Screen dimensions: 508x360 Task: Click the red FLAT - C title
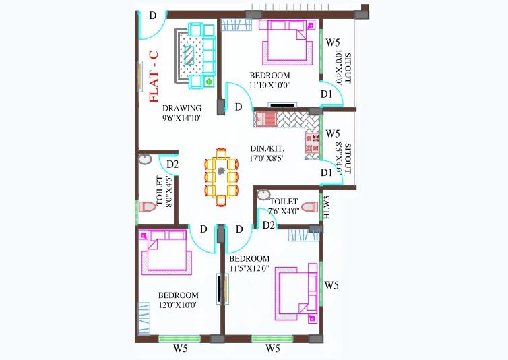[x=154, y=77]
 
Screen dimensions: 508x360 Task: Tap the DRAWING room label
[x=182, y=108]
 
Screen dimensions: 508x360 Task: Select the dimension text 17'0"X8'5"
[x=267, y=158]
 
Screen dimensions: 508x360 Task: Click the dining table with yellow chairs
[x=221, y=177]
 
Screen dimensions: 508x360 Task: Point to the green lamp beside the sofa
[x=209, y=82]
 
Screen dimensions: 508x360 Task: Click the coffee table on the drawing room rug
[x=189, y=55]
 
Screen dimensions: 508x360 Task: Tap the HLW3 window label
[x=327, y=207]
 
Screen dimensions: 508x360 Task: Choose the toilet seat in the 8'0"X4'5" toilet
[x=147, y=206]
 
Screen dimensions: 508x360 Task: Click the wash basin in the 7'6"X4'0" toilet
[x=263, y=195]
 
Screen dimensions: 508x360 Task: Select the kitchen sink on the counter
[x=265, y=119]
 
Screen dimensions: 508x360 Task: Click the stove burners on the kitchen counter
[x=313, y=143]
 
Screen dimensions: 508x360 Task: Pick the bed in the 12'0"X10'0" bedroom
[x=166, y=253]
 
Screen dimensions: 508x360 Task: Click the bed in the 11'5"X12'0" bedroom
[x=296, y=293]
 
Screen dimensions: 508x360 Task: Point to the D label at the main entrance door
[x=153, y=16]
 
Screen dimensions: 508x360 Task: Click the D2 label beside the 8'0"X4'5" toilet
[x=172, y=164]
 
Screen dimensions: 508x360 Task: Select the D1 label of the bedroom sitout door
[x=327, y=94]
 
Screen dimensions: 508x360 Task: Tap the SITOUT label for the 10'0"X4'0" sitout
[x=348, y=68]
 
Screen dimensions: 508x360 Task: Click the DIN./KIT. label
[x=267, y=149]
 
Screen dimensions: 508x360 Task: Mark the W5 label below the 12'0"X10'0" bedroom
[x=181, y=349]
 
